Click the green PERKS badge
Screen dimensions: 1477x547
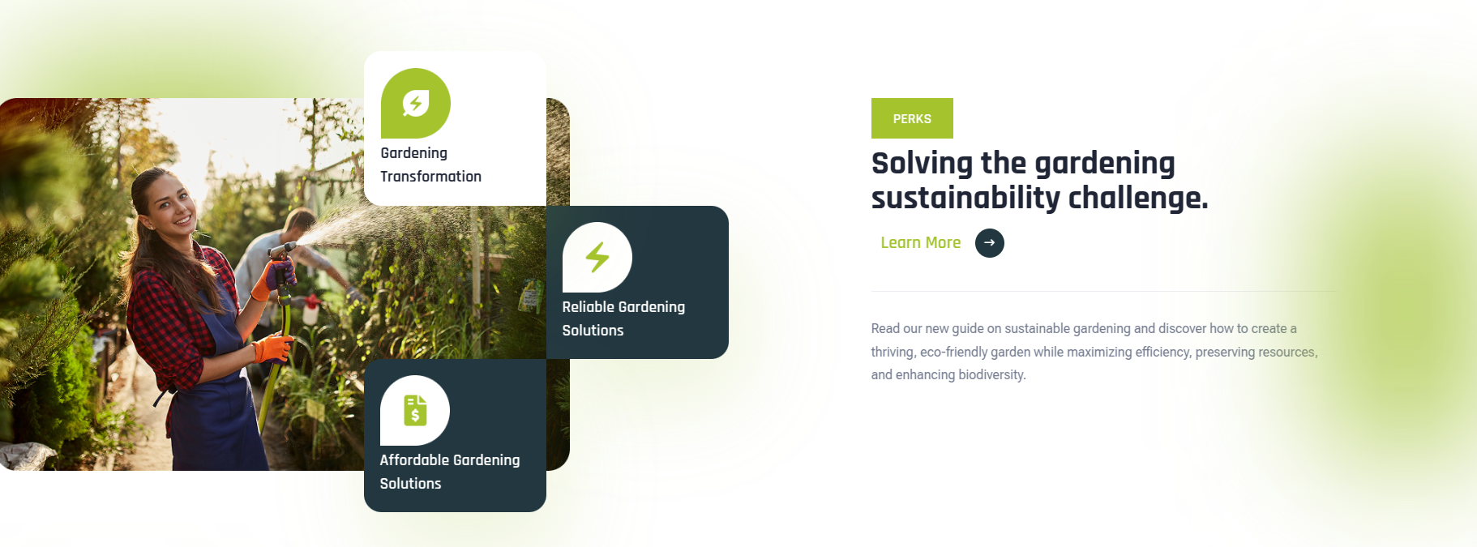click(x=912, y=118)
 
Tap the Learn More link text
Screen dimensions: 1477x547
click(x=920, y=242)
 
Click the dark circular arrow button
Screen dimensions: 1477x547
click(x=989, y=242)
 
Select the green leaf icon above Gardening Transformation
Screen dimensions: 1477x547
click(x=416, y=103)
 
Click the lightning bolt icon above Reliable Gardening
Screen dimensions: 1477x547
click(x=597, y=257)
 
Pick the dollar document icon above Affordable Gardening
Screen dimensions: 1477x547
click(x=415, y=410)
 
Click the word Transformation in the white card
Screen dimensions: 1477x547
click(x=430, y=177)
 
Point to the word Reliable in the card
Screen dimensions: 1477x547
click(x=589, y=307)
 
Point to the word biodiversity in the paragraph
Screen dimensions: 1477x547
click(x=992, y=374)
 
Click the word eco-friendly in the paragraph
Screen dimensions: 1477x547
click(x=953, y=352)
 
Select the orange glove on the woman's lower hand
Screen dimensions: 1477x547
click(x=273, y=348)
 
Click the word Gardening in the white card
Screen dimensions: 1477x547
click(x=413, y=153)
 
